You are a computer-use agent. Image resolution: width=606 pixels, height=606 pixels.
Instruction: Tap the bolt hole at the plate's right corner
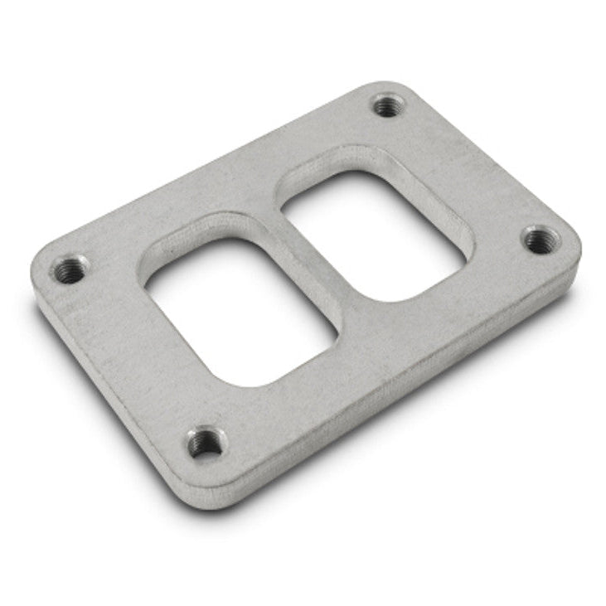[540, 240]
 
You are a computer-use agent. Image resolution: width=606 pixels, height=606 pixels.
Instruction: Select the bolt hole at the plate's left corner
[69, 269]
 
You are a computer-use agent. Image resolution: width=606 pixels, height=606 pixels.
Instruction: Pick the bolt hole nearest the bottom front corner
[204, 443]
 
